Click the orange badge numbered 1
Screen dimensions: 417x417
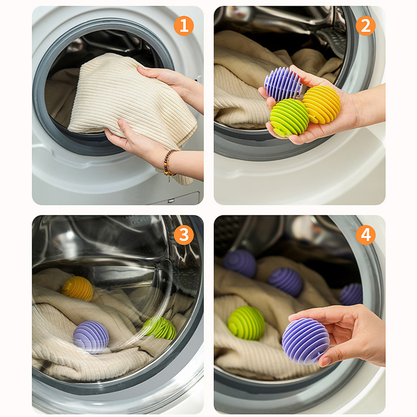tap(184, 26)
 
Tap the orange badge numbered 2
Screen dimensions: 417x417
tap(366, 26)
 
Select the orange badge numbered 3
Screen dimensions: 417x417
tap(184, 235)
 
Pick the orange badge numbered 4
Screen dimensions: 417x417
tap(366, 235)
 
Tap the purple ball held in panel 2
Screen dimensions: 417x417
tap(283, 84)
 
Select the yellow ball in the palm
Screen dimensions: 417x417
tap(322, 105)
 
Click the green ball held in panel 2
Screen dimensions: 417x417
tap(289, 118)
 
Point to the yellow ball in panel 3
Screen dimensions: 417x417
tap(77, 289)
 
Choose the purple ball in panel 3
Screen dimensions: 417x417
tap(91, 337)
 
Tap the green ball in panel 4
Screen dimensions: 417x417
tap(246, 323)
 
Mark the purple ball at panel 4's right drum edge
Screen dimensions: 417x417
tap(351, 294)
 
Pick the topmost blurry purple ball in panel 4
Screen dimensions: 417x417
tap(240, 263)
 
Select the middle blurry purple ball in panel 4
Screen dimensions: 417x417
tap(285, 282)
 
